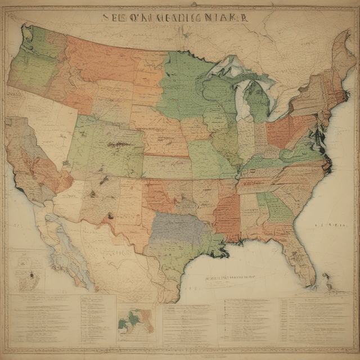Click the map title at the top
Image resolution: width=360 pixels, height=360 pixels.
[174, 17]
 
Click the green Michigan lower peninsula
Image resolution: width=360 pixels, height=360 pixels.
[258, 101]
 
